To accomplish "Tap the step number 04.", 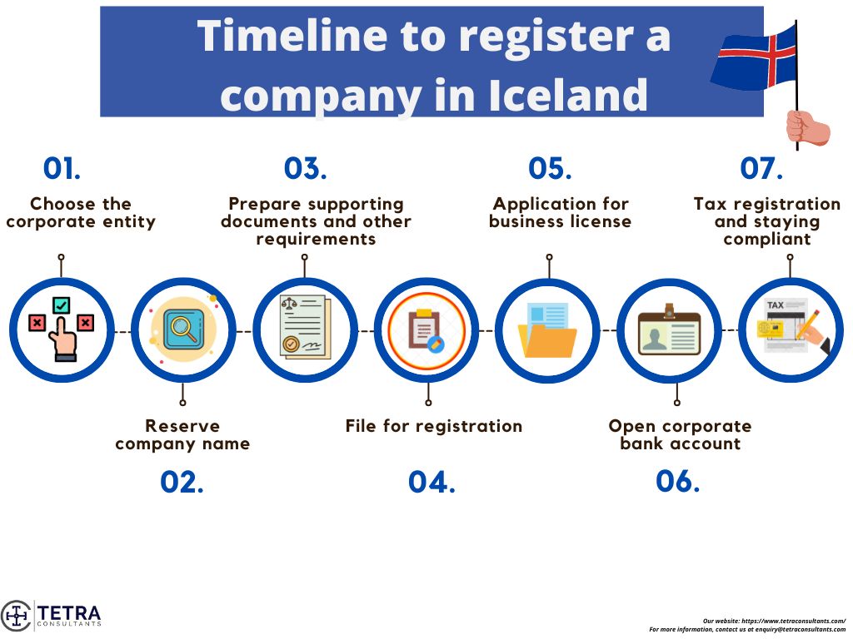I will point(431,483).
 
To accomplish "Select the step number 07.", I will point(761,169).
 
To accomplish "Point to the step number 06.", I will point(677,481).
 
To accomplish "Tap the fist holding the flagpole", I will point(806,128).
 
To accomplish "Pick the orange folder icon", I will point(547,330).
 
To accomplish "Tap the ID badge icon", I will point(669,331).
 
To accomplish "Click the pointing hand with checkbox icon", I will point(61,329).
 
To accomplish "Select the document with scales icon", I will point(304,328).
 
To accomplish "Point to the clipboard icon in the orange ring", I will point(426,330).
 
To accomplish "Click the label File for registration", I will point(434,426).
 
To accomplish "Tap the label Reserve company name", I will point(182,435).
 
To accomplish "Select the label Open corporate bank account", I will point(680,435).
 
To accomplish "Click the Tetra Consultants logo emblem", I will point(16,616).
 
